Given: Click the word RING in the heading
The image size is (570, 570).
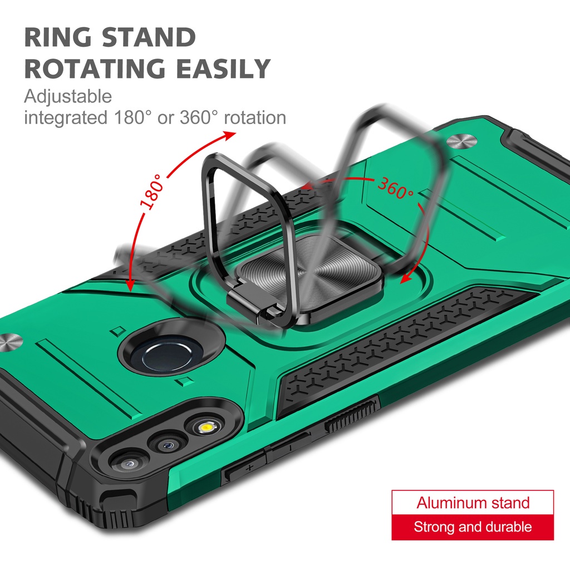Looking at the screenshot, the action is [x=58, y=37].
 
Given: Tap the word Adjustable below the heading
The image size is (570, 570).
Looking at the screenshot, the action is [x=68, y=97].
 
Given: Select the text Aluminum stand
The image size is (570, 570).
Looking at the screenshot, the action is [x=473, y=503].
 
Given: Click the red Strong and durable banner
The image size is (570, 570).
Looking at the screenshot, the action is [x=473, y=527].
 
